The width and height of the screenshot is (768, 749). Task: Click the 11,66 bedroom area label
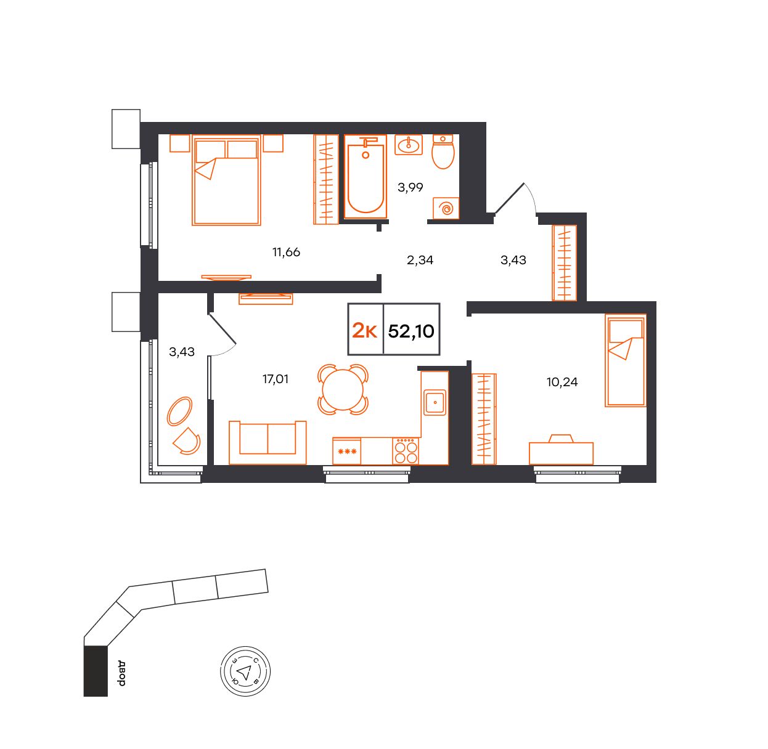click(286, 252)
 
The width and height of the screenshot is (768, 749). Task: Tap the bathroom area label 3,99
click(411, 187)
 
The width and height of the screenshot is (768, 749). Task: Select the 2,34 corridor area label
click(420, 260)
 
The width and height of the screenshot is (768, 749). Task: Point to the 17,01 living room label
click(276, 379)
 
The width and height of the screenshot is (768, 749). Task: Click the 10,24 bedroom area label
click(562, 382)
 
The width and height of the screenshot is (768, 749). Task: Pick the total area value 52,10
click(411, 331)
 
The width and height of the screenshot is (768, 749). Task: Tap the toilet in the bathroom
click(443, 152)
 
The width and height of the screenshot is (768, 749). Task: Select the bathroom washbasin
click(409, 145)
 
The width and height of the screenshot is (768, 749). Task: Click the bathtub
click(366, 177)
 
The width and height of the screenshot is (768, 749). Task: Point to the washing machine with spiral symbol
click(446, 208)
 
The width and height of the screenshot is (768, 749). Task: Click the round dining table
click(343, 390)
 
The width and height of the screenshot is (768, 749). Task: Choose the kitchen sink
click(435, 402)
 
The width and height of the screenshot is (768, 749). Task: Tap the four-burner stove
click(406, 450)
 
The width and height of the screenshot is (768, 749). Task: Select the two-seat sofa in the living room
click(268, 442)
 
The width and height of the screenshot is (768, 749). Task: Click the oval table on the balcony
click(179, 411)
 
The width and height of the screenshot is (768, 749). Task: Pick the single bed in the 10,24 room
click(625, 360)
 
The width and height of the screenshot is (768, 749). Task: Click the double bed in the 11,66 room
click(227, 180)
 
